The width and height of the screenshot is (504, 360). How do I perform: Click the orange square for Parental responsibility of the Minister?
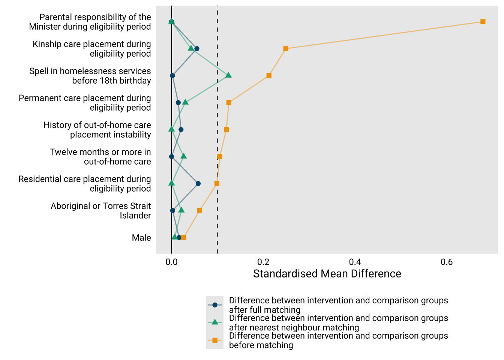483,22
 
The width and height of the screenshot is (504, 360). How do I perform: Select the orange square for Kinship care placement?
286,49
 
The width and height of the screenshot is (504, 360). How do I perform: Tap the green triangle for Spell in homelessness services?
228,75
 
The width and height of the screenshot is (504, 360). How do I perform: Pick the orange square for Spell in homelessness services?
269,76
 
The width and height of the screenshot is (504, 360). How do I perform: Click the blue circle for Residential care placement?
198,184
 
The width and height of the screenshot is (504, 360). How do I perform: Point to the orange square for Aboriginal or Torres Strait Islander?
199,211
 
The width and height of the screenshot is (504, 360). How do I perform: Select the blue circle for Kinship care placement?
197,49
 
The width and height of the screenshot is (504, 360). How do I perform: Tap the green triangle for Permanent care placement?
185,102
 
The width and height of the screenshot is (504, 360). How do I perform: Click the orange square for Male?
184,238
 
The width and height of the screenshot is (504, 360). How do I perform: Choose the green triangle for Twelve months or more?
183,156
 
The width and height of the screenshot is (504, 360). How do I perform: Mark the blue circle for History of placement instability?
181,130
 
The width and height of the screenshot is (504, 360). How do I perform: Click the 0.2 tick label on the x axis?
263,262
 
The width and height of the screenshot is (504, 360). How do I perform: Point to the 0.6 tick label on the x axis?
447,262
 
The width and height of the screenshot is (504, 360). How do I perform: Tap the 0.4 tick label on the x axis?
355,262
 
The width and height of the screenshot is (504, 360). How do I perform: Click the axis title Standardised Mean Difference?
327,274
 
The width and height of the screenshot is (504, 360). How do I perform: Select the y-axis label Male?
141,238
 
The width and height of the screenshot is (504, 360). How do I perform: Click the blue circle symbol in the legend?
215,305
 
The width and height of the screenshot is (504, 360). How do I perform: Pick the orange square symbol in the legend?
215,340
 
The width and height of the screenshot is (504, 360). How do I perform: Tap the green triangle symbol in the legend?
215,322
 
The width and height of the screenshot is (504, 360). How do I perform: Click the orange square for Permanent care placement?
229,103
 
